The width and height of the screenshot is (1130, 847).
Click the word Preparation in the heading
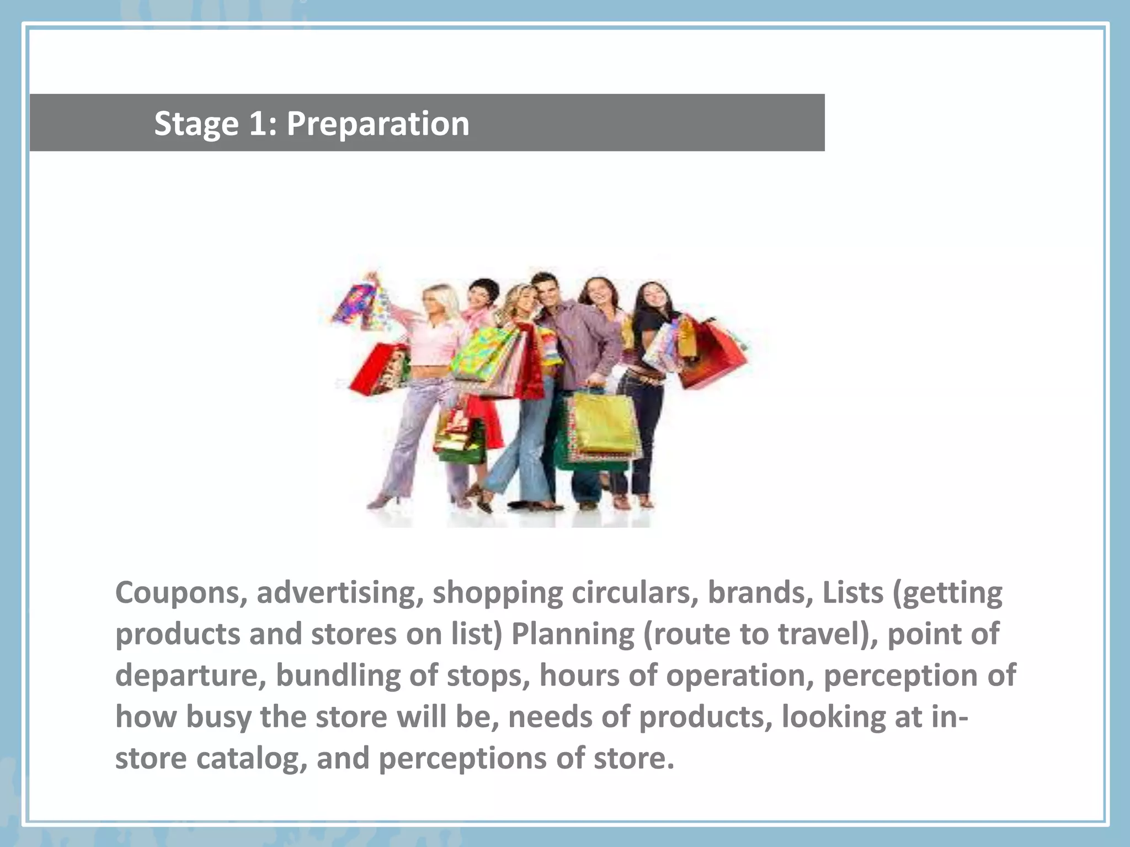[377, 124]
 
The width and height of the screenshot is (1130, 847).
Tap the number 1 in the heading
[257, 123]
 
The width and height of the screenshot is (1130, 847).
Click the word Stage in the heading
[196, 124]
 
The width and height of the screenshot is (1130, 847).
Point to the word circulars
[635, 593]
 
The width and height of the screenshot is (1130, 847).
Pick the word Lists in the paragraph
[853, 593]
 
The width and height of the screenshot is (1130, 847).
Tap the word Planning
[573, 635]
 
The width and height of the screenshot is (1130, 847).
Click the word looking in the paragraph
[833, 717]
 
